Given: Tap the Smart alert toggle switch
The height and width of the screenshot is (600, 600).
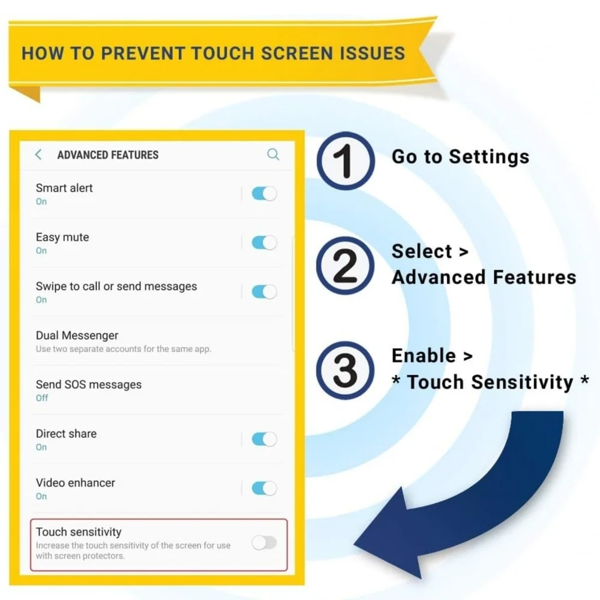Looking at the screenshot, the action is (265, 194).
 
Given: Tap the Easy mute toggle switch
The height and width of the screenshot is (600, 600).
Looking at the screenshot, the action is (265, 242).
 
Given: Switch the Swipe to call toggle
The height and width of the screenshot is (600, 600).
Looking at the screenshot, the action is (265, 292).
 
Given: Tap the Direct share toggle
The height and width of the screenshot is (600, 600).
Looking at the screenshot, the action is (265, 439).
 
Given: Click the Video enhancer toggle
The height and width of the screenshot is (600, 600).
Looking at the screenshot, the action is (265, 488).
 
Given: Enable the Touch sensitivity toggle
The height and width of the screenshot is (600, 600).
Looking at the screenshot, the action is (265, 542).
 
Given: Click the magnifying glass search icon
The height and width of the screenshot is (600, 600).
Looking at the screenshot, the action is (273, 155).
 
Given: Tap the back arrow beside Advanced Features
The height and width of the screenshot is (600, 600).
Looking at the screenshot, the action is (38, 155).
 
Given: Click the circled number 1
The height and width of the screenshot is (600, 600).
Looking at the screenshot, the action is (346, 161).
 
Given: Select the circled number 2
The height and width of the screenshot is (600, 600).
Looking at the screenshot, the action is (346, 266).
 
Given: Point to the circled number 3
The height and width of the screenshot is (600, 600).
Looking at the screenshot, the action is (346, 370).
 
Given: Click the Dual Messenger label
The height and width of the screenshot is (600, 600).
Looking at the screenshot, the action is (77, 335).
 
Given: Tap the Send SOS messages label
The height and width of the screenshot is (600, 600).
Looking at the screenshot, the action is (89, 385).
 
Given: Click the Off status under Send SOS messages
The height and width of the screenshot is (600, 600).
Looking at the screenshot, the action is (42, 398).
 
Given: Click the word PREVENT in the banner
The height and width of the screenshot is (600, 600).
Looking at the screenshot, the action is (143, 53).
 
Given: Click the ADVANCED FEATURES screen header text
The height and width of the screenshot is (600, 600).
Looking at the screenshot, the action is (108, 155).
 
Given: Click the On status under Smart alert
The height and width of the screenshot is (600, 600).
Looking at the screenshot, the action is (41, 202).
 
